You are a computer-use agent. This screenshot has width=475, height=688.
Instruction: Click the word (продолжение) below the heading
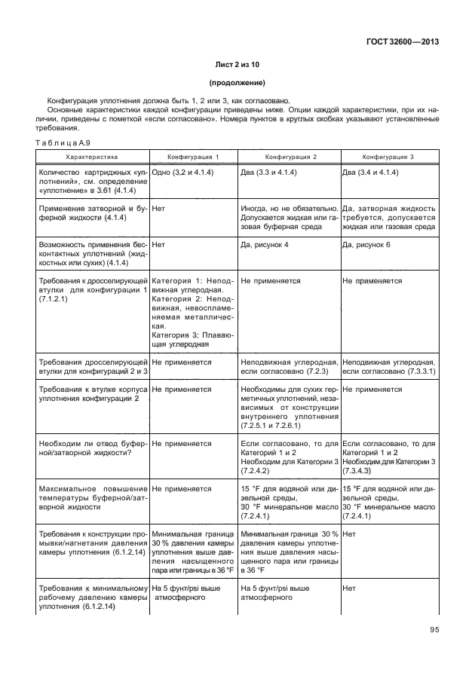point(237,83)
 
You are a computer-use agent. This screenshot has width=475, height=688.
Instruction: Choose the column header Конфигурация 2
point(290,157)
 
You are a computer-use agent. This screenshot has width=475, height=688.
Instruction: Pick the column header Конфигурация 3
point(388,157)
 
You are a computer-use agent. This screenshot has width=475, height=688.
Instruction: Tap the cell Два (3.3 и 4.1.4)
point(272,173)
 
